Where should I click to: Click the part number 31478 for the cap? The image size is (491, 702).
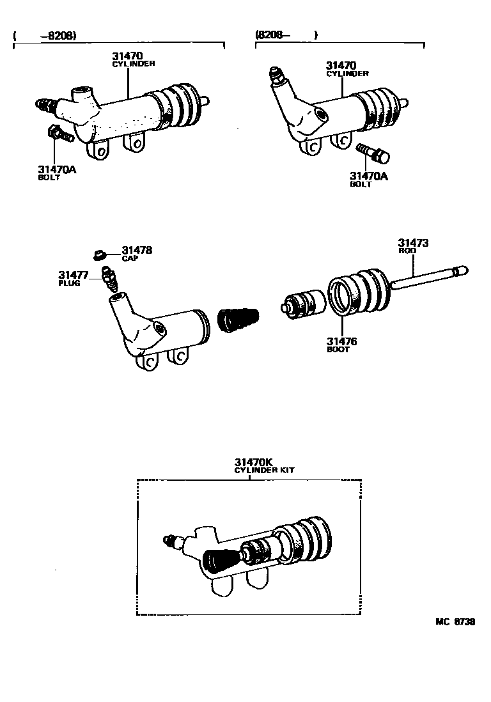137,251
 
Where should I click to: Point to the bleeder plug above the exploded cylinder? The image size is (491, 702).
109,281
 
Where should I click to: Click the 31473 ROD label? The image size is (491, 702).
413,244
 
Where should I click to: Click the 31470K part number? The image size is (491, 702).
254,462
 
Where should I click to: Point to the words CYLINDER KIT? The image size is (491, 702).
264,470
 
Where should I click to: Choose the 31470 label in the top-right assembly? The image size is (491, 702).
341,65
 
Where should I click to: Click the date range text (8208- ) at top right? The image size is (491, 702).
286,35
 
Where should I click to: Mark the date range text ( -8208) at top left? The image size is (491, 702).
45,36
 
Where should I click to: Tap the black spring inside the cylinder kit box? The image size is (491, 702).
221,559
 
